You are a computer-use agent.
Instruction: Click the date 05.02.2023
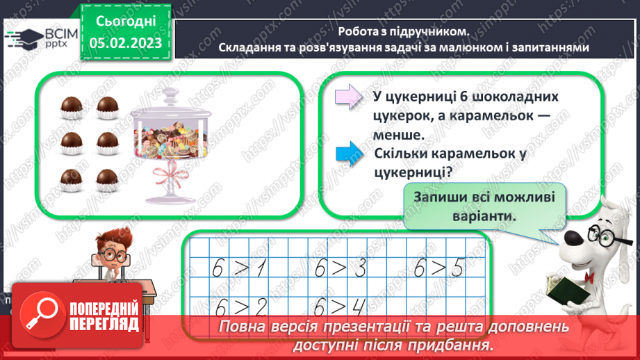pyautogui.click(x=125, y=43)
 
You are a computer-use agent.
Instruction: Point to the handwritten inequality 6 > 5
pyautogui.click(x=438, y=268)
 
